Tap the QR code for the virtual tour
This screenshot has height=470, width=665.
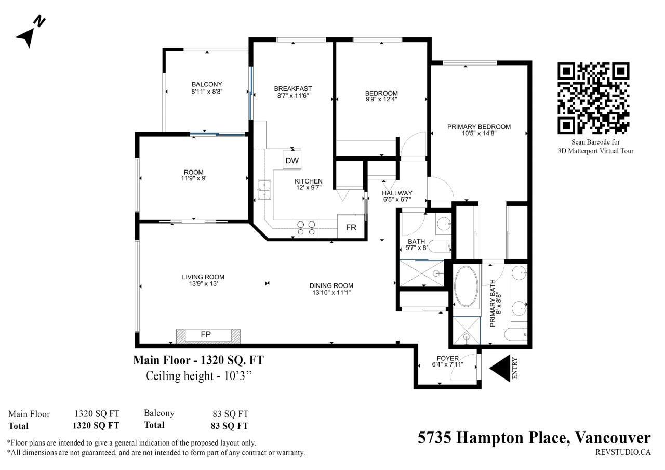coord(593,98)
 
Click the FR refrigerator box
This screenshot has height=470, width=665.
coord(351,227)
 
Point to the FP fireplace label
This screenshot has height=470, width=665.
coord(206,334)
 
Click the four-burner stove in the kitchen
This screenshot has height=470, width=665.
coord(306,228)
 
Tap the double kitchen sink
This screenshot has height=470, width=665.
coord(264,190)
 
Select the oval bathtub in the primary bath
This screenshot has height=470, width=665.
coord(466,286)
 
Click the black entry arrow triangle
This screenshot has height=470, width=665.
coord(500,369)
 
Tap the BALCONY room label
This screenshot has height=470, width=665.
coord(207,84)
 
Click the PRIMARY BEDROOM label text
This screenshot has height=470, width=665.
coord(479,127)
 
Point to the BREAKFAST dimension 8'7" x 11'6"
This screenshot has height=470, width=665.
coord(293,95)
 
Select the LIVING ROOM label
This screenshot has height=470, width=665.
coord(203,277)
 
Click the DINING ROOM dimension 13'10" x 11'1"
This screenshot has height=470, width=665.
coord(331,292)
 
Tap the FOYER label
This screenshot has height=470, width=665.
coord(448,358)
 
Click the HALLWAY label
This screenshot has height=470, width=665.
coord(397,193)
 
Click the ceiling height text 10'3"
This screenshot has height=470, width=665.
coord(238,376)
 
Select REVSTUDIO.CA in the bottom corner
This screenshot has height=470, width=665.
coord(623,452)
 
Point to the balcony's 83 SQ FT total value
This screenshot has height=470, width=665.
coord(230,426)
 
